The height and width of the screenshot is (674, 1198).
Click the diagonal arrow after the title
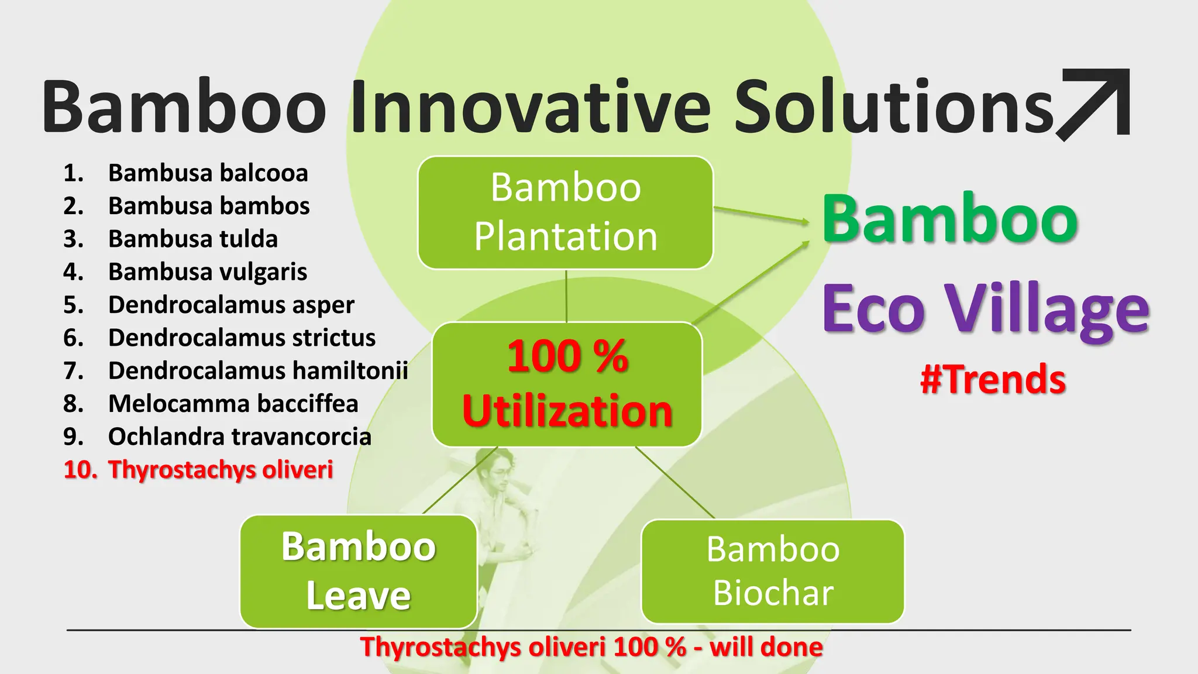pyautogui.click(x=1093, y=104)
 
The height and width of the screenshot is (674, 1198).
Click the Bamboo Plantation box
pyautogui.click(x=565, y=212)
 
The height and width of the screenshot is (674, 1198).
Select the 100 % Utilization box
pyautogui.click(x=567, y=384)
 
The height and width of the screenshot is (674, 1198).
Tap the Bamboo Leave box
pyautogui.click(x=358, y=571)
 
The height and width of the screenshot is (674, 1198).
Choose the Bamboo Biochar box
pyautogui.click(x=772, y=571)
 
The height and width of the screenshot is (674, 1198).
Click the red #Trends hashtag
pyautogui.click(x=993, y=379)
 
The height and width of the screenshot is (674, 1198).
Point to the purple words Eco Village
pyautogui.click(x=985, y=309)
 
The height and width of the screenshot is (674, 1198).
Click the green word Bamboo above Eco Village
pyautogui.click(x=950, y=219)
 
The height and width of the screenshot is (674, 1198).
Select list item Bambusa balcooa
pyautogui.click(x=208, y=173)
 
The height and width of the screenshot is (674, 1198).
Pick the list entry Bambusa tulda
pyautogui.click(x=192, y=239)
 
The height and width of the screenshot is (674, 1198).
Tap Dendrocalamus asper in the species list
pyautogui.click(x=231, y=305)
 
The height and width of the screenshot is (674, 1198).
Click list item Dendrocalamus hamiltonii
pyautogui.click(x=257, y=371)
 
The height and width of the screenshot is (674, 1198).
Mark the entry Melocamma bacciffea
pyautogui.click(x=233, y=404)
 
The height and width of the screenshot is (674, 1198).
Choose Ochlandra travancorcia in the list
pyautogui.click(x=239, y=436)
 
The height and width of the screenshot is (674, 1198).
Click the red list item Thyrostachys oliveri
pyautogui.click(x=220, y=470)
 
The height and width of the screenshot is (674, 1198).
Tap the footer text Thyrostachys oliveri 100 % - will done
pyautogui.click(x=591, y=647)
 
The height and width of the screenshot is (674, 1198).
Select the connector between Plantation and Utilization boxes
pyautogui.click(x=566, y=295)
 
